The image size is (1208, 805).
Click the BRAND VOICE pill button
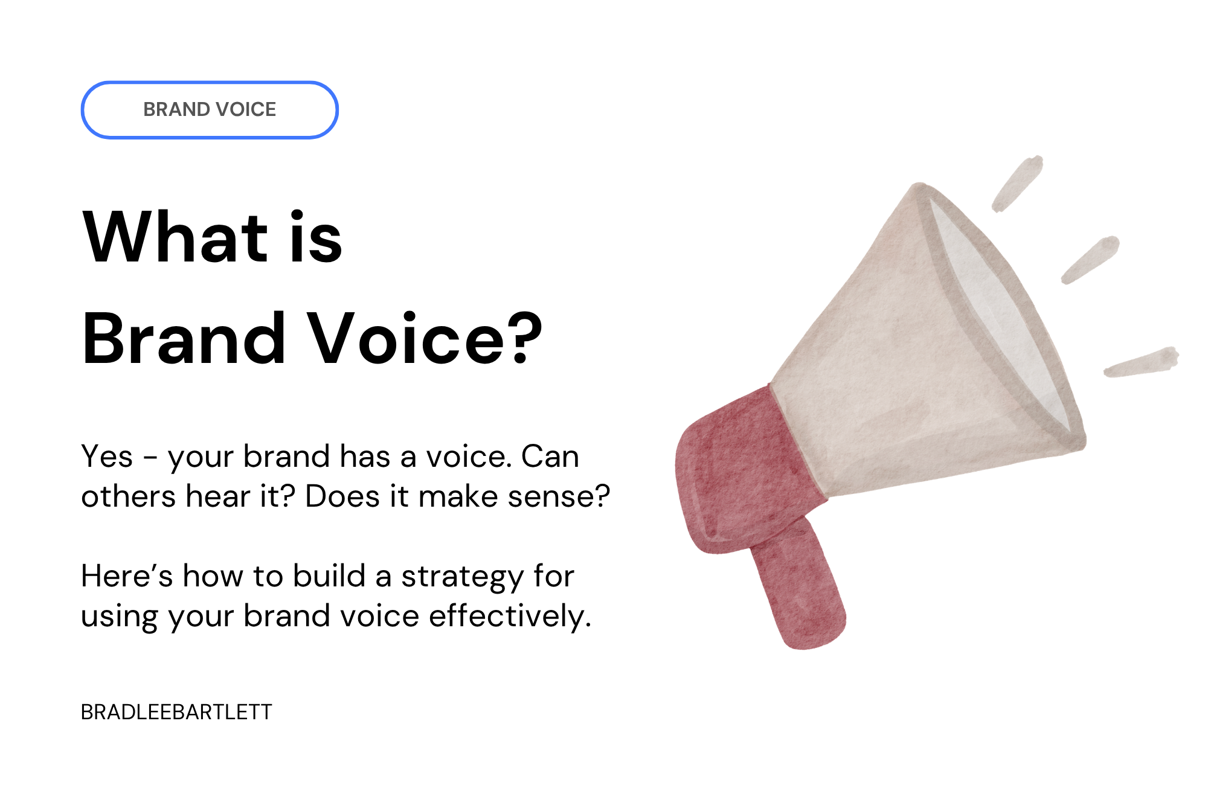point(210,109)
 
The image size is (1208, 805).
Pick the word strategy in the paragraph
point(462,577)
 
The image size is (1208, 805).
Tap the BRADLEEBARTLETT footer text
point(176,712)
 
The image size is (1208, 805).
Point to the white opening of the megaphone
point(1003,314)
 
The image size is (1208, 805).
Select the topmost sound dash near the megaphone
point(1018,183)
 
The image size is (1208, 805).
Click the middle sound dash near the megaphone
point(1091,260)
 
